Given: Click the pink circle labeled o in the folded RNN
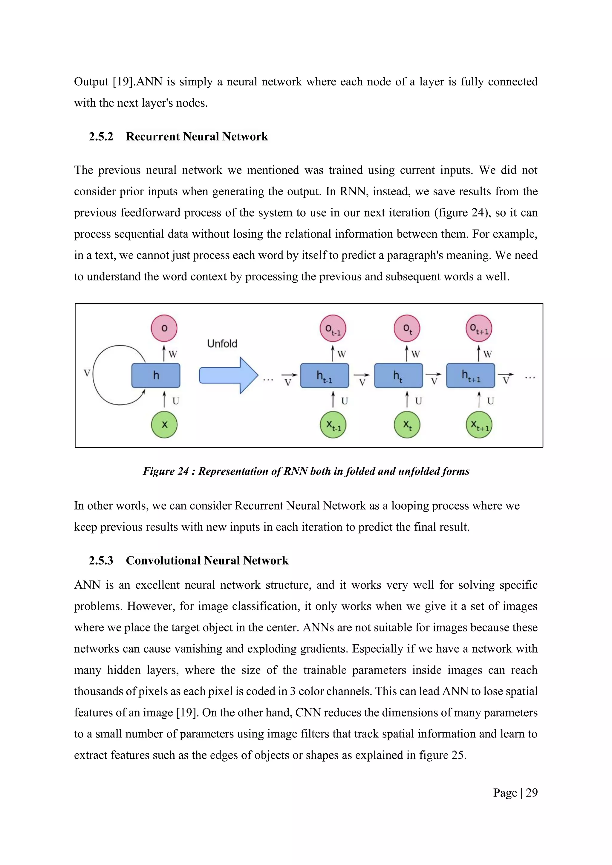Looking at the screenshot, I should pyautogui.click(x=164, y=328).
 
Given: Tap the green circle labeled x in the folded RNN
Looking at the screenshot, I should pyautogui.click(x=164, y=425).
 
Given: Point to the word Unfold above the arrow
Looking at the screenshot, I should pyautogui.click(x=222, y=343).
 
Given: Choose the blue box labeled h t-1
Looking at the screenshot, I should pyautogui.click(x=325, y=376).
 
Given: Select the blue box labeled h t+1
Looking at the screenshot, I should pyautogui.click(x=470, y=376).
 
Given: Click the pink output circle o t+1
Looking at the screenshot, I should pyautogui.click(x=479, y=329).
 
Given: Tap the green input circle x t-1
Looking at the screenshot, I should pyautogui.click(x=333, y=425).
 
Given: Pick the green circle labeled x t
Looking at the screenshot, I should pyautogui.click(x=407, y=425).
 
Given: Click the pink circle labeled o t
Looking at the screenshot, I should pyautogui.click(x=407, y=329).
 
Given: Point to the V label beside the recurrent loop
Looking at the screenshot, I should pyautogui.click(x=87, y=373).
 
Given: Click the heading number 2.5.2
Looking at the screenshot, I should pyautogui.click(x=101, y=137).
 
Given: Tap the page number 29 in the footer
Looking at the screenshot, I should pyautogui.click(x=531, y=793).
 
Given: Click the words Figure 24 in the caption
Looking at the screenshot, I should pyautogui.click(x=166, y=471).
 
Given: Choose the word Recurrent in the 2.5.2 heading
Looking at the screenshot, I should pyautogui.click(x=153, y=137).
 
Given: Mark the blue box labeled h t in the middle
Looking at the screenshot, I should pyautogui.click(x=398, y=376).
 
